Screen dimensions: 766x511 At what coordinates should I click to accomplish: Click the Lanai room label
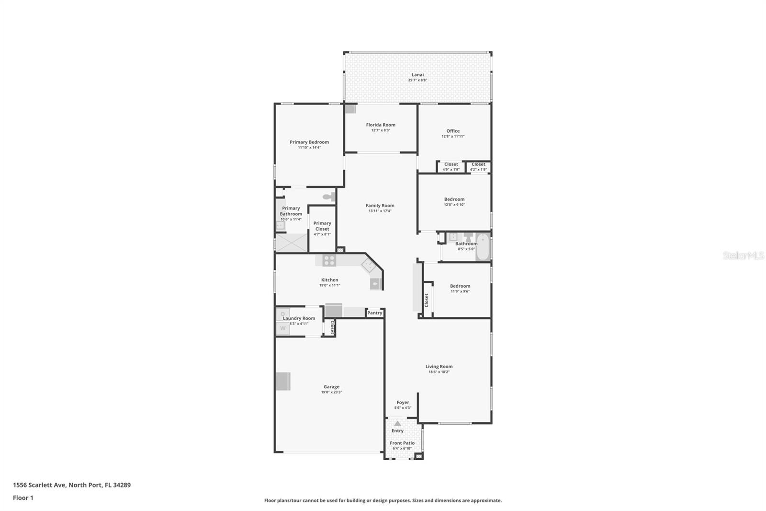click(417, 75)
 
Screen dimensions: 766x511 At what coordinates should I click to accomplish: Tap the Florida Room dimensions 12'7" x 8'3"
click(381, 130)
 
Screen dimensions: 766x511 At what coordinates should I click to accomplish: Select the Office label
click(453, 131)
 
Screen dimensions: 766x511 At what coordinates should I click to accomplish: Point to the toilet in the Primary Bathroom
click(329, 197)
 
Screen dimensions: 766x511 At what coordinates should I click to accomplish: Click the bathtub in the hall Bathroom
click(483, 246)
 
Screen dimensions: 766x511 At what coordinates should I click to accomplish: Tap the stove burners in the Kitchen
click(329, 261)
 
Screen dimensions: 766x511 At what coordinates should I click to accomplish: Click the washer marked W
click(283, 328)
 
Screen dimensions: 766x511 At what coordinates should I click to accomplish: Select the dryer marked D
click(283, 314)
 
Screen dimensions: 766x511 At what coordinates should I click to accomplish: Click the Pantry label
click(375, 313)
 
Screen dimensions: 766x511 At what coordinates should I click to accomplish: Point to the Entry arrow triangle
click(397, 423)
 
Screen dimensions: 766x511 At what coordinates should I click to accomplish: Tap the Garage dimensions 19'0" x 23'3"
click(331, 392)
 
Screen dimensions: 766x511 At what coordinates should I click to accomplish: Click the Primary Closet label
click(322, 226)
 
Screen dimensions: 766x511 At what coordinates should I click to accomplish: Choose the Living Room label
click(439, 366)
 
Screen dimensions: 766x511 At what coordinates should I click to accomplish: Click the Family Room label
click(380, 206)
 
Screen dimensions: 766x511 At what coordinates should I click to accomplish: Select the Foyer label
click(403, 403)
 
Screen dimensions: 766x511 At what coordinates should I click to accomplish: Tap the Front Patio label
click(402, 443)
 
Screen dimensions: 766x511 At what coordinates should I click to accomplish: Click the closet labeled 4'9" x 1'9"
click(451, 167)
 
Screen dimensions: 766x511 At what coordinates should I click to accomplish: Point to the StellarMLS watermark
click(743, 255)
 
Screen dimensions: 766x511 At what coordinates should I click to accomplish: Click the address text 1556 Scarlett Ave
click(39, 485)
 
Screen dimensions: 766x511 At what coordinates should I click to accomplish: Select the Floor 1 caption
click(23, 498)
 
